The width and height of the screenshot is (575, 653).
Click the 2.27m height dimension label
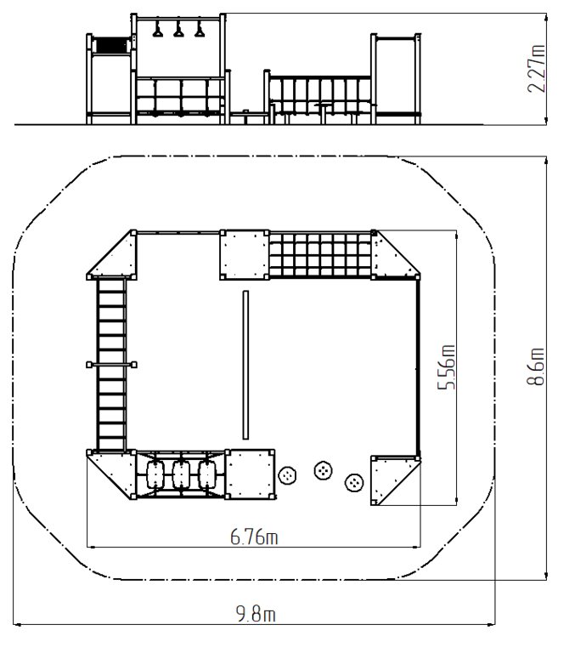pyautogui.click(x=536, y=69)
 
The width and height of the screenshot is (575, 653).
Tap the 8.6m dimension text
pyautogui.click(x=536, y=366)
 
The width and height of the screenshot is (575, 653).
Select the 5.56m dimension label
pyautogui.click(x=447, y=367)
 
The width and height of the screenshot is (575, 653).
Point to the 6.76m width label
pyautogui.click(x=254, y=537)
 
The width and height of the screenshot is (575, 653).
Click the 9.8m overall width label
pyautogui.click(x=256, y=614)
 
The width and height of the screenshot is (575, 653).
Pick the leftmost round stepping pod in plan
pyautogui.click(x=287, y=475)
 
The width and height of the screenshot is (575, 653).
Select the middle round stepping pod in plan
pyautogui.click(x=323, y=470)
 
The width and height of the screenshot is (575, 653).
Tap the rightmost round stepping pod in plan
pyautogui.click(x=354, y=483)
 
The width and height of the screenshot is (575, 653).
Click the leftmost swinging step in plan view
pyautogui.click(x=156, y=474)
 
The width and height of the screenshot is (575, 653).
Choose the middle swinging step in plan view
pyautogui.click(x=182, y=474)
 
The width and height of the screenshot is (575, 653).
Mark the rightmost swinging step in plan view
pyautogui.click(x=207, y=474)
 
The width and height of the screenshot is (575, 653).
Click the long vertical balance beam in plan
pyautogui.click(x=246, y=365)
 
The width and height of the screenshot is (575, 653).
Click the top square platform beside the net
pyautogui.click(x=245, y=254)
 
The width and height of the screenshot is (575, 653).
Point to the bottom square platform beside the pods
pyautogui.click(x=250, y=474)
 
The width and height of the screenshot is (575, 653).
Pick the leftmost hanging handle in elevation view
pyautogui.click(x=158, y=31)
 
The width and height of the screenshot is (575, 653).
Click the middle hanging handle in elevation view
pyautogui.click(x=178, y=31)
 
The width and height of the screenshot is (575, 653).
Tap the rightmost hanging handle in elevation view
pyautogui.click(x=200, y=31)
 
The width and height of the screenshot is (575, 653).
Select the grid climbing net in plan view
pyautogui.click(x=320, y=254)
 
